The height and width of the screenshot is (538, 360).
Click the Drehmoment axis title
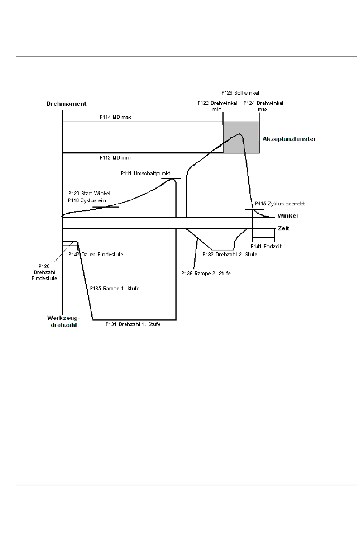66,104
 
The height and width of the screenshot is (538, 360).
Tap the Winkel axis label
288,216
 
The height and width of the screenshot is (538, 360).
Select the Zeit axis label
284,228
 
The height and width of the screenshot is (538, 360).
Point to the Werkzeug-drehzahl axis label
63,321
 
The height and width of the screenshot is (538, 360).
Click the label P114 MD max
116,117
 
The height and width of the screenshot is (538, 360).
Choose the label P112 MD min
115,158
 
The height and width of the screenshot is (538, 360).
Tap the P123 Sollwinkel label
240,93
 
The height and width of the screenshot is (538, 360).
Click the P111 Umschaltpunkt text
146,173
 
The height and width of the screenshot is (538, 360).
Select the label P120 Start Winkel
89,193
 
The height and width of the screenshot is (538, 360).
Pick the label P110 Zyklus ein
87,200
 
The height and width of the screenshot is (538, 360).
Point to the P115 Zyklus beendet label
280,203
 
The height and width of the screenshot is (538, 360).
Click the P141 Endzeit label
266,247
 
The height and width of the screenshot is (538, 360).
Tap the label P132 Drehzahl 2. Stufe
230,254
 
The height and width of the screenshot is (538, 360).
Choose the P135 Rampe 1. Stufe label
114,288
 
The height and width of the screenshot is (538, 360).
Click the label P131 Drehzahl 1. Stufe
133,325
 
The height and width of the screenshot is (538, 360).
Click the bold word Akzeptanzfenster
289,139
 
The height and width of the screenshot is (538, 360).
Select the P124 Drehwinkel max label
263,106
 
